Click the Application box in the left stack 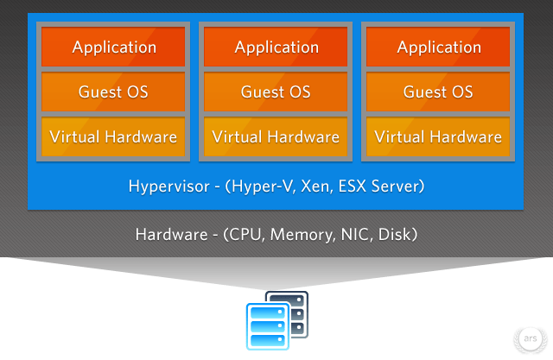[x=113, y=47]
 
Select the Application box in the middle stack [x=276, y=47]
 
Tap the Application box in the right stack [x=438, y=47]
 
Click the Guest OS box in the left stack [x=113, y=92]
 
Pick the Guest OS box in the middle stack [x=276, y=92]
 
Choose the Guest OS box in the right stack [x=438, y=92]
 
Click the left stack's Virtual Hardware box [x=113, y=136]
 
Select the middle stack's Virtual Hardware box [x=276, y=136]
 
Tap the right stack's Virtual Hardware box [x=438, y=136]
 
